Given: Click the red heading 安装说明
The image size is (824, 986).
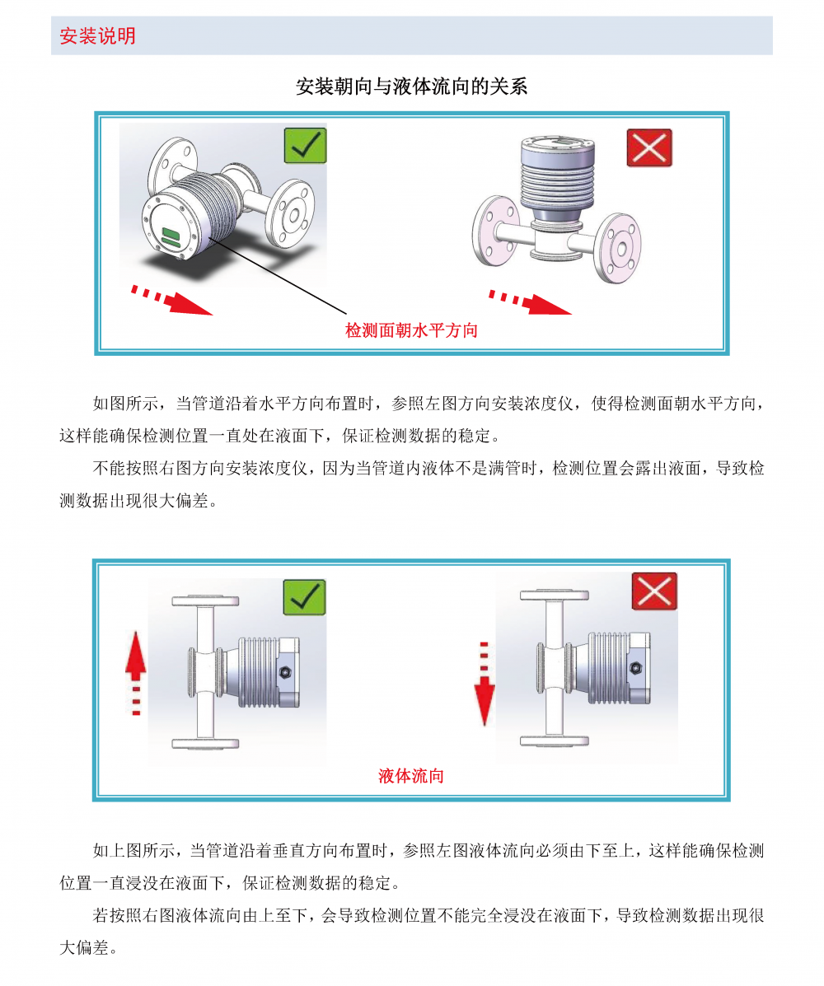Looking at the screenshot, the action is click(97, 36).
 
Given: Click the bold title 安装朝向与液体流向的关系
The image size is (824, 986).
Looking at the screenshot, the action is click(411, 86).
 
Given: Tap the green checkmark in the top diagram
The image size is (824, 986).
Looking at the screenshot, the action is click(305, 146).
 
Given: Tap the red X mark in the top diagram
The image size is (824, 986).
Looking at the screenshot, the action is click(649, 147).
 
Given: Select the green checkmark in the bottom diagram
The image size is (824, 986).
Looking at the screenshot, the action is click(304, 597).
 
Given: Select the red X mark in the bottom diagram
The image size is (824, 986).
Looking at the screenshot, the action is click(654, 591).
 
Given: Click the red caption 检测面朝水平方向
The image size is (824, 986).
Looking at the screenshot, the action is click(411, 330).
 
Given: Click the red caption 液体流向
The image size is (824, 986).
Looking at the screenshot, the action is click(410, 776).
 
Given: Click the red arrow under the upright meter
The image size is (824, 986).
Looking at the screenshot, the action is click(530, 301).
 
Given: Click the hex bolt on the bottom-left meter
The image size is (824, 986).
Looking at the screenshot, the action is click(284, 672).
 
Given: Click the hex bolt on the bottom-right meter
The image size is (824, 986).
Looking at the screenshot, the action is click(635, 668).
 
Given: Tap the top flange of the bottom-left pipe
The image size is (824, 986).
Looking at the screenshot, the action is click(206, 601).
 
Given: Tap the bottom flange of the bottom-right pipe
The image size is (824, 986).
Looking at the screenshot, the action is click(555, 741).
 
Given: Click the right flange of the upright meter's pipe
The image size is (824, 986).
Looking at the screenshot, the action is click(617, 248).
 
